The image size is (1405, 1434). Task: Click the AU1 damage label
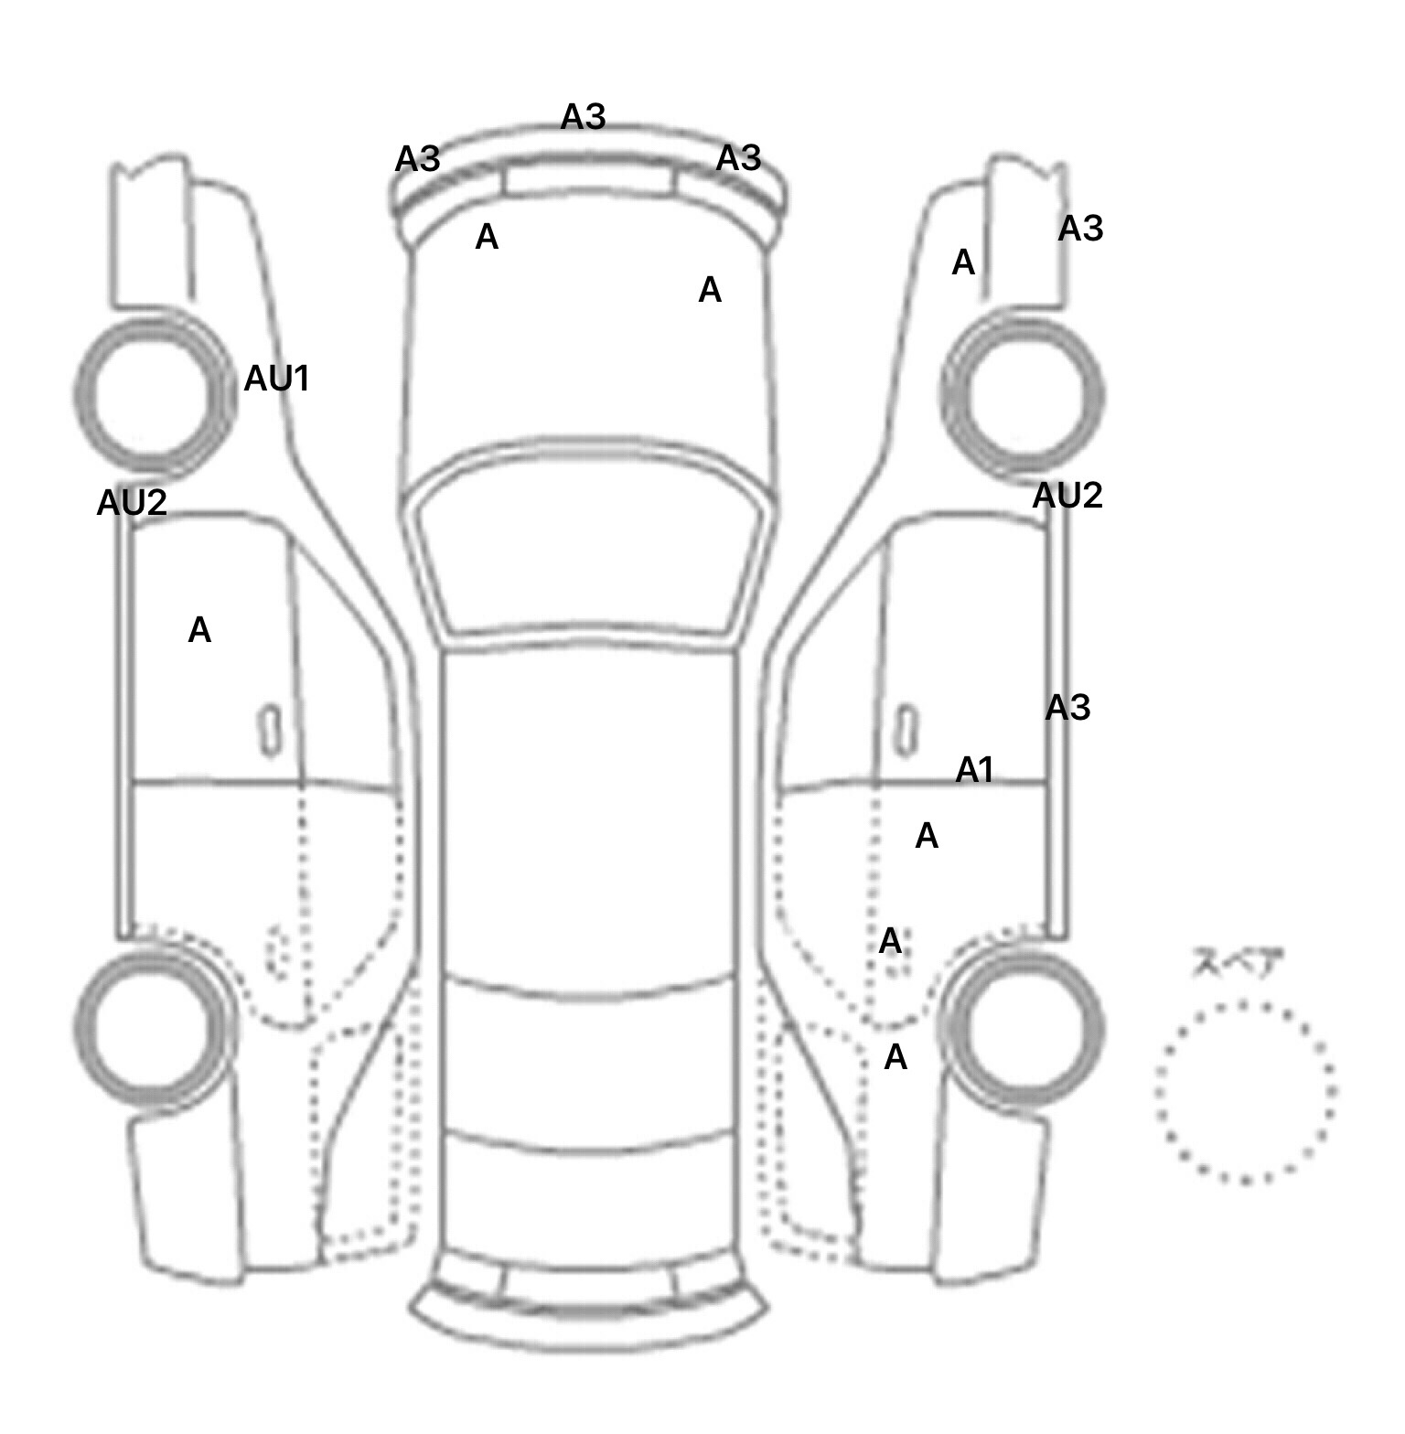276,379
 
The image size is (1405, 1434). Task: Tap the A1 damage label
974,770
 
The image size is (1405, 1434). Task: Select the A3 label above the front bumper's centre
583,117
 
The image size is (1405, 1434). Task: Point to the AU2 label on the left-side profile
132,502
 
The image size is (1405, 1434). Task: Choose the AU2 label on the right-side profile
1067,496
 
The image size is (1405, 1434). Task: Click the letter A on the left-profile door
199,630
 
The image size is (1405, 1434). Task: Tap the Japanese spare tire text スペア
1238,963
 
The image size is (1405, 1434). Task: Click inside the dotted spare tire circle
1245,1092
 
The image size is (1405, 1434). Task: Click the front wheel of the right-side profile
1023,396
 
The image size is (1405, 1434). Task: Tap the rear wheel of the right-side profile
1024,1027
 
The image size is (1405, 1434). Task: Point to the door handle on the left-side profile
270,731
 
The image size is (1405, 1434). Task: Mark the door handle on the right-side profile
906,731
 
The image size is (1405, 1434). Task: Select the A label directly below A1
927,836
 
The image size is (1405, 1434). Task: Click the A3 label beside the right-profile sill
1067,707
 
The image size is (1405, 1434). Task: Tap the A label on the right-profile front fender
963,263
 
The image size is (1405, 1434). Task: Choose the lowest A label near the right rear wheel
896,1057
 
